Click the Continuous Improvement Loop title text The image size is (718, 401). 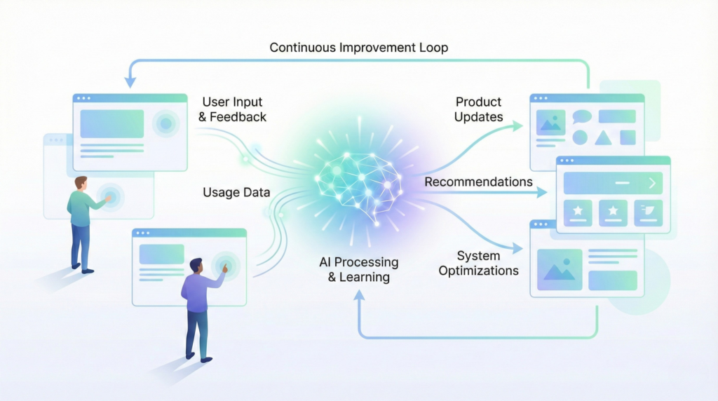[358, 48]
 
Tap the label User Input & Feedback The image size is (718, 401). [233, 109]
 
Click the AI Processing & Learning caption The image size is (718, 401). [358, 269]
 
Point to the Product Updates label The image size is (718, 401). [479, 109]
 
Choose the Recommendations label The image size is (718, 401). [478, 182]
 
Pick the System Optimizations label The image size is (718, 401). [478, 263]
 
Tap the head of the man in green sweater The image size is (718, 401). [81, 182]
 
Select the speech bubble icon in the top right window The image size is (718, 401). [582, 117]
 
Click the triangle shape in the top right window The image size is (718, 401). [603, 138]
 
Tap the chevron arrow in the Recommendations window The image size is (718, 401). [652, 183]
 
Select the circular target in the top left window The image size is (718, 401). [165, 124]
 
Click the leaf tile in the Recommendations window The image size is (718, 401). [648, 212]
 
